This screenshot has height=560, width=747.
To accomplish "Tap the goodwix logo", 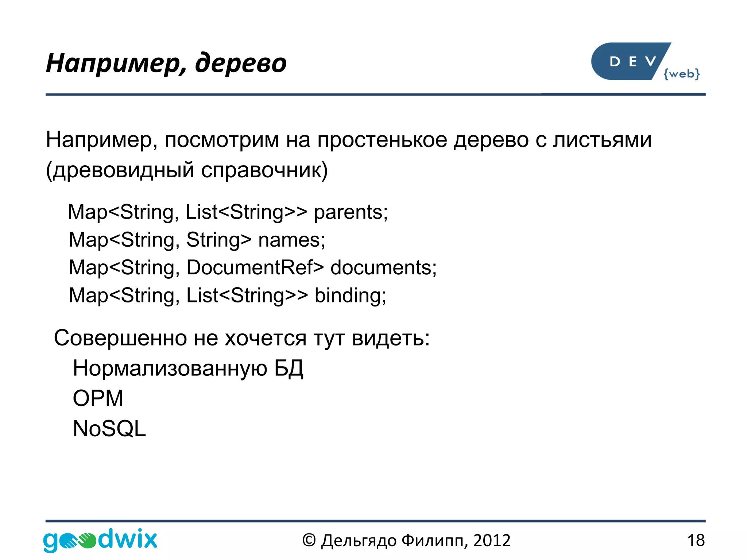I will [x=100, y=540].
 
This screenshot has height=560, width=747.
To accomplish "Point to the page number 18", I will [x=696, y=540].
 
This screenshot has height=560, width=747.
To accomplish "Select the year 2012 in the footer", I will [x=492, y=540].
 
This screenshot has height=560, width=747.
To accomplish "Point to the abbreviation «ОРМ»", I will [x=98, y=398].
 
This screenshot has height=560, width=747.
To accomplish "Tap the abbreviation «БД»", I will [x=289, y=368].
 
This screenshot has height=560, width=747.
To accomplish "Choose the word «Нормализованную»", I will [x=170, y=368].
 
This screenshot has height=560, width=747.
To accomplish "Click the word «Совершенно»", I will [x=120, y=338].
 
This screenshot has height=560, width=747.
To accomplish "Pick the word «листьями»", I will [x=602, y=140].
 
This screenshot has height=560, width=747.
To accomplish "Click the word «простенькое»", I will [x=382, y=140].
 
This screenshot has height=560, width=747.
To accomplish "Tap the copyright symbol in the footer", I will [x=309, y=540].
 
